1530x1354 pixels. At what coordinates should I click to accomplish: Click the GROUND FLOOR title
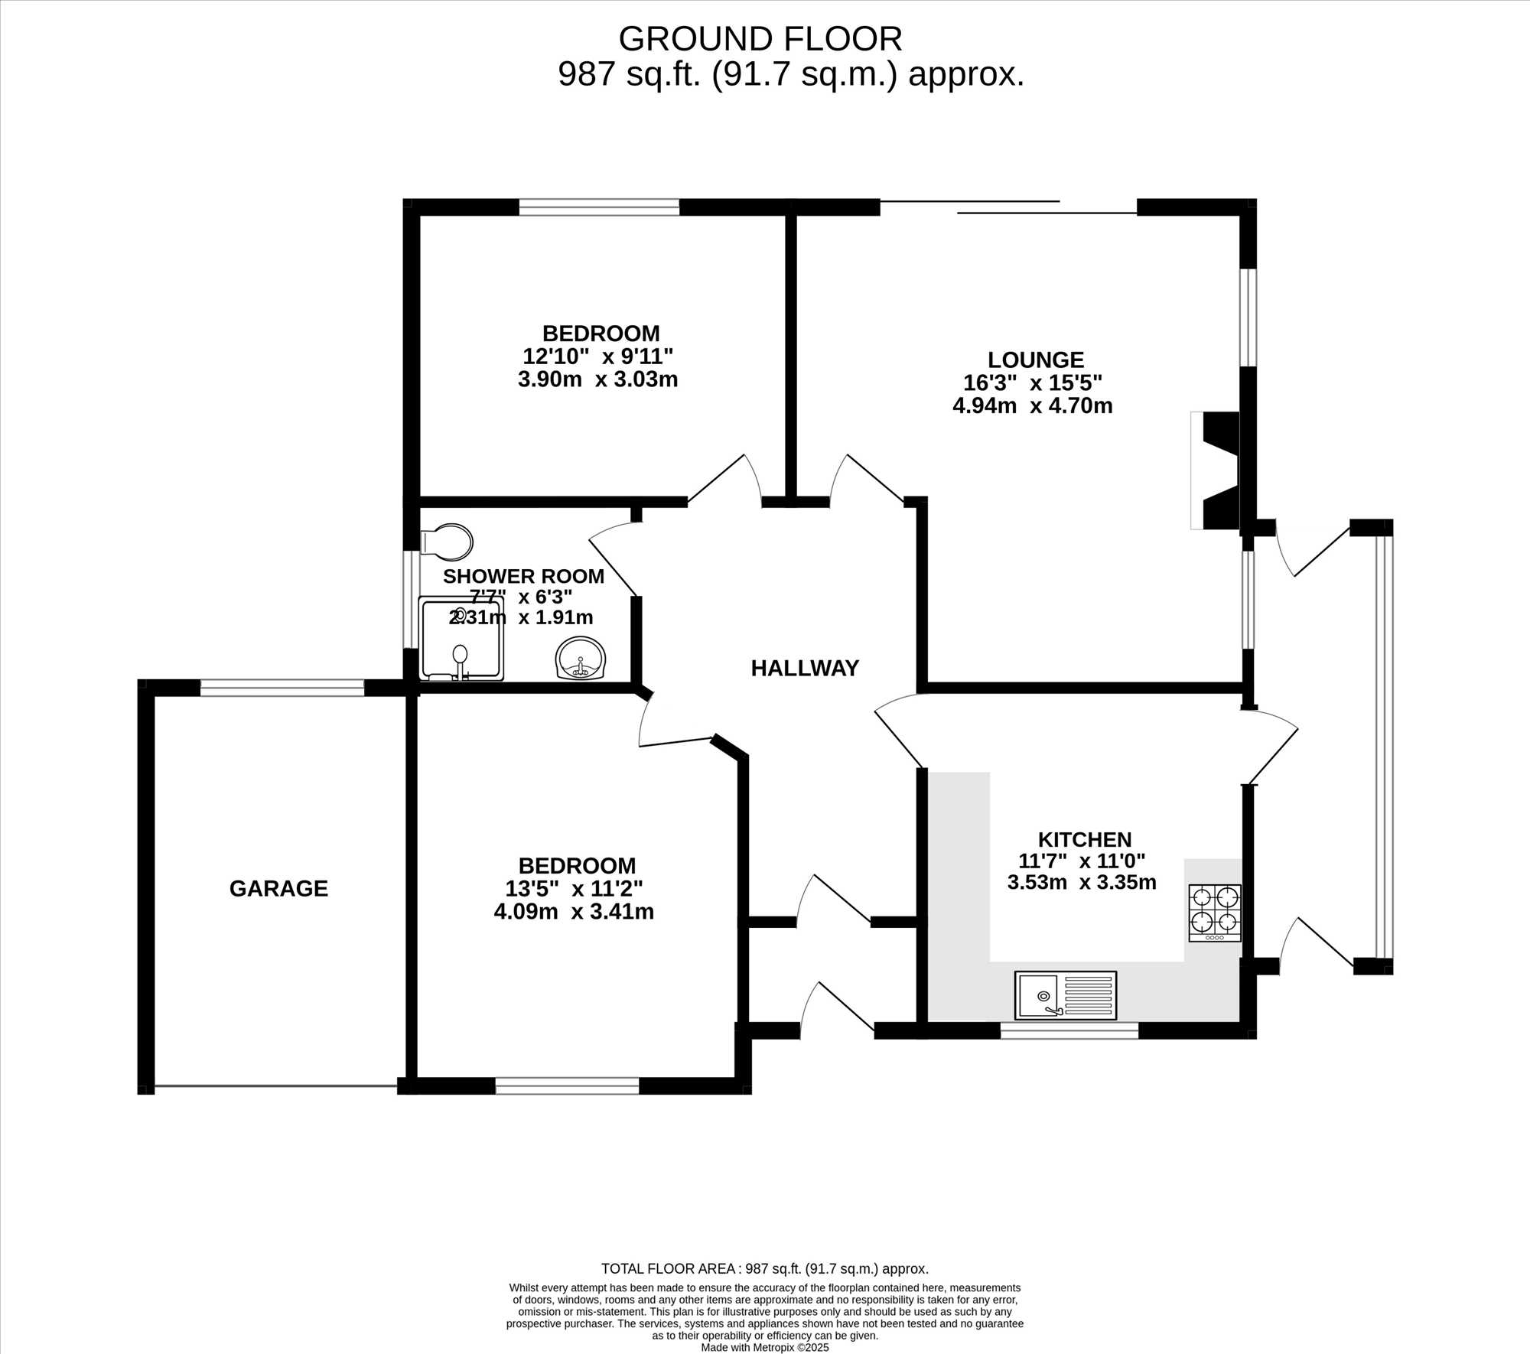coord(760,39)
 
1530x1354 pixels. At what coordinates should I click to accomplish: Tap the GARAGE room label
coord(278,888)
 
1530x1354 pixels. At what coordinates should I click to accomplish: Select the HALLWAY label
coord(805,669)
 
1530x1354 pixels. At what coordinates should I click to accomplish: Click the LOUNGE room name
coord(1036,360)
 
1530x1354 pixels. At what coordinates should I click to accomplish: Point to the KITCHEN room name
coord(1085,839)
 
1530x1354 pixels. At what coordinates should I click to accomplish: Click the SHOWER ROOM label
coord(523,576)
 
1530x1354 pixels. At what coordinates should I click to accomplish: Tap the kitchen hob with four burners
coord(1215,913)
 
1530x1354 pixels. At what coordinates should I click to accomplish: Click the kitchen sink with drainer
coord(1066,995)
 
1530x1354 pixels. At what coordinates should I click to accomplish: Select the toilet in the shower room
coord(447,542)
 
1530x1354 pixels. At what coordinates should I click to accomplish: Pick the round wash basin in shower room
coord(581,658)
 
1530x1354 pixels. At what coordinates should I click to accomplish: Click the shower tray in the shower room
coord(461,639)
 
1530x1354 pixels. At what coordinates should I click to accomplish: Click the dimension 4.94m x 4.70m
coord(1032,405)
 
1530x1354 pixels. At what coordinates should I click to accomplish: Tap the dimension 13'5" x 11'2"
coord(574,889)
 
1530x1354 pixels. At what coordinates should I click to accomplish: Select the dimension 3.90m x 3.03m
coord(597,379)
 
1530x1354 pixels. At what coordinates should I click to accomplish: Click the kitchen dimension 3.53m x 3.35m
coord(1082,882)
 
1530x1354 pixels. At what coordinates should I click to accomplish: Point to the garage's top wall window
coord(282,688)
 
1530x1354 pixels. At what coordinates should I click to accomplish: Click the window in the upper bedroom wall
coord(599,207)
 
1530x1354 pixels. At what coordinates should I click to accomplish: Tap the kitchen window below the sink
coord(1069,1030)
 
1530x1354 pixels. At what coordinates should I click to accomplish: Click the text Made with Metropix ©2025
coord(765,1348)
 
